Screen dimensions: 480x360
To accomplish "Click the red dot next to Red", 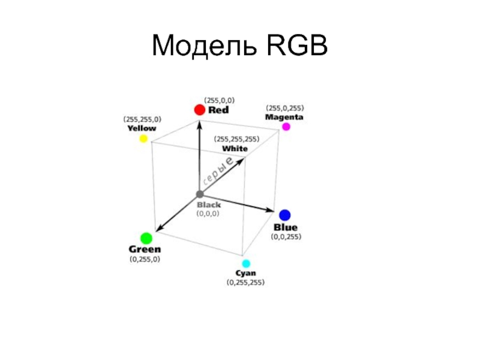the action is [x=200, y=110].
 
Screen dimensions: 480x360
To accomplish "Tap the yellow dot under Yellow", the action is [x=143, y=139].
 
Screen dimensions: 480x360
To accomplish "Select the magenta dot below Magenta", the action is [x=286, y=127].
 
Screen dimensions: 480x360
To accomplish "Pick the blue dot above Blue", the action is [x=284, y=215].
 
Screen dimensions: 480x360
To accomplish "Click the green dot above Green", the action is [x=146, y=238].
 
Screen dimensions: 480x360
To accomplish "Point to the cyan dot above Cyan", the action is [x=246, y=263].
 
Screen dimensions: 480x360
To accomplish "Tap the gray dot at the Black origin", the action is [x=200, y=194].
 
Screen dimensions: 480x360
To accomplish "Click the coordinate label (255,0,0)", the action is [x=219, y=100].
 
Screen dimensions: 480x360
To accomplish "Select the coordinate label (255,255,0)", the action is [x=142, y=119].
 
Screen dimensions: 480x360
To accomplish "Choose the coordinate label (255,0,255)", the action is [x=285, y=108].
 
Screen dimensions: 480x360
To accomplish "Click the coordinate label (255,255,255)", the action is [x=236, y=139].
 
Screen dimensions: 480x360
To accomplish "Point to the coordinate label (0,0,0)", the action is [x=208, y=214].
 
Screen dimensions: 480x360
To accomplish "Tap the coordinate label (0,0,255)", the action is [x=286, y=236].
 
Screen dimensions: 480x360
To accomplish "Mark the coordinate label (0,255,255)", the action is [x=245, y=282].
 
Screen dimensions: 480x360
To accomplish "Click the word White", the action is [x=235, y=149].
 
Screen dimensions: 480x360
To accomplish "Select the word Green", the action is [x=145, y=249].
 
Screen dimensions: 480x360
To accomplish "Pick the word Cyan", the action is [x=245, y=273].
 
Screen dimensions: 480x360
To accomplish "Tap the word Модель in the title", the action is [x=204, y=46].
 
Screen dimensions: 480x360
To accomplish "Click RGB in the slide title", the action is [x=297, y=46].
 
